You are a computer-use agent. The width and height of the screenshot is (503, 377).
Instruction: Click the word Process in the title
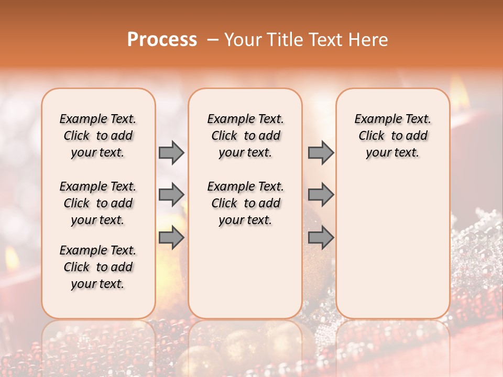pyautogui.click(x=162, y=40)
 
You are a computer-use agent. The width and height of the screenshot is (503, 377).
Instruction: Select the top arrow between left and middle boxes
pyautogui.click(x=171, y=152)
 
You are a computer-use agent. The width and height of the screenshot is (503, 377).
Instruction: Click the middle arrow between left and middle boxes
pyautogui.click(x=171, y=195)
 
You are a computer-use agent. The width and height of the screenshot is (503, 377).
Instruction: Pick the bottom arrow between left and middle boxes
pyautogui.click(x=171, y=238)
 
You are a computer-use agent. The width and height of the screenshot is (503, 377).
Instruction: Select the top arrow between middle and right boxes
pyautogui.click(x=320, y=152)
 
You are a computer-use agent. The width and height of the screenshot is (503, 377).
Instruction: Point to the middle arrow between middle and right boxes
pyautogui.click(x=320, y=195)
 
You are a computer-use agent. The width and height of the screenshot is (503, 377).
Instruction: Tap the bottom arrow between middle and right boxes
pyautogui.click(x=320, y=238)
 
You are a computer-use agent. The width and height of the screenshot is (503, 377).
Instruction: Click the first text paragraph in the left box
pyautogui.click(x=98, y=136)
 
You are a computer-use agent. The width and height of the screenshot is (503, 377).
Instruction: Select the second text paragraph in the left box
pyautogui.click(x=98, y=203)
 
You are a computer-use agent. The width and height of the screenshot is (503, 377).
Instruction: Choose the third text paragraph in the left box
pyautogui.click(x=98, y=267)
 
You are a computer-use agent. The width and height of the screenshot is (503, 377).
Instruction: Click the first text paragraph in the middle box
pyautogui.click(x=246, y=136)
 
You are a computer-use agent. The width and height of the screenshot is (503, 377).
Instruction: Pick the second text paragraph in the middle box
pyautogui.click(x=246, y=203)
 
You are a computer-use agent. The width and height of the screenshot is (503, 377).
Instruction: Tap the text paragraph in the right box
pyautogui.click(x=393, y=136)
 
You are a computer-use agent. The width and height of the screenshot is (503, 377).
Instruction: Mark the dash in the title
pyautogui.click(x=212, y=40)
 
